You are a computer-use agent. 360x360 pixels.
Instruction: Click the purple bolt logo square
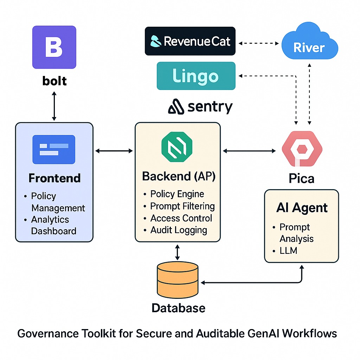coord(54,47)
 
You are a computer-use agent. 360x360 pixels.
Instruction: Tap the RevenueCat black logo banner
coord(190,41)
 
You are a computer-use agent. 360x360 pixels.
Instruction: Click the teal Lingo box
coord(196,76)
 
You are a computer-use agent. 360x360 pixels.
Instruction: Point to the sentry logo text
coord(200,107)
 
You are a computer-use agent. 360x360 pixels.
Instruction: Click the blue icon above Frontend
coord(54,149)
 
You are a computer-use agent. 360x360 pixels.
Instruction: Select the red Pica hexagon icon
coord(302,149)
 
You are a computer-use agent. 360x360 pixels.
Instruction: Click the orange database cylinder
coord(178,279)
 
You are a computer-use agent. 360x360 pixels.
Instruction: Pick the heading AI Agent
coord(302,208)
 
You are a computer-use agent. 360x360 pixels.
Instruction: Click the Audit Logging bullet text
coord(179,230)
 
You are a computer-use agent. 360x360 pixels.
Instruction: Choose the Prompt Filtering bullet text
coord(182,206)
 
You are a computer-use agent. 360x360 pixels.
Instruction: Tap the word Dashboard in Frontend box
coord(54,231)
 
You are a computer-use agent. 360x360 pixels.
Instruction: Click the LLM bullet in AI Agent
coord(288,250)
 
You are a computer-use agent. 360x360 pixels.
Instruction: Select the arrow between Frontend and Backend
coord(114,151)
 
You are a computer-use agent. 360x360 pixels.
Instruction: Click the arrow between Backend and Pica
coord(250,151)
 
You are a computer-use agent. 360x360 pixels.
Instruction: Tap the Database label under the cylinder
coord(178,308)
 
